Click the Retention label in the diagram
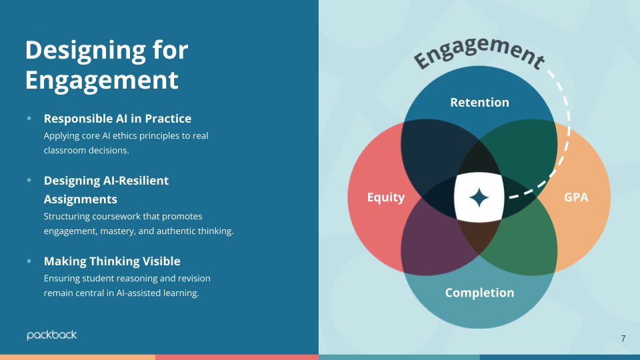click(x=479, y=102)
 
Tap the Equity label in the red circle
click(x=386, y=197)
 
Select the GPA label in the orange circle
click(x=576, y=197)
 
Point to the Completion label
click(x=479, y=293)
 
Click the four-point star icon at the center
click(x=479, y=198)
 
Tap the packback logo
click(x=52, y=335)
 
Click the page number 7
click(x=623, y=339)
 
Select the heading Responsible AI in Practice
click(x=117, y=119)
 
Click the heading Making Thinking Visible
click(x=112, y=261)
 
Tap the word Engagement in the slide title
click(x=102, y=80)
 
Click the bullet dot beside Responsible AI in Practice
click(x=29, y=119)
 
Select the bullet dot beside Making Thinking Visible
click(x=29, y=261)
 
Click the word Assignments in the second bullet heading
click(x=81, y=199)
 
